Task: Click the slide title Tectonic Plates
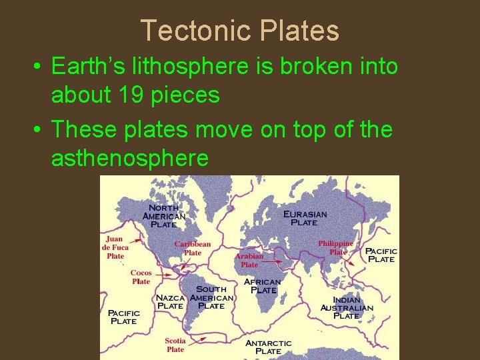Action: click(x=240, y=31)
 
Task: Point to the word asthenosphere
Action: click(x=130, y=158)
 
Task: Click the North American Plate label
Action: click(x=164, y=216)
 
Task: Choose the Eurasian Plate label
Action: click(x=305, y=218)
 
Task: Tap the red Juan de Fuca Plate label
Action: click(x=115, y=247)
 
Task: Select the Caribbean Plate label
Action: click(x=193, y=248)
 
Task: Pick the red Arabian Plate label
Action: click(x=249, y=260)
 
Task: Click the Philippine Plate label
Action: click(x=337, y=247)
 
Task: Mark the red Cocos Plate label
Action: click(x=141, y=277)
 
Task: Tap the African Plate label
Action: click(x=263, y=286)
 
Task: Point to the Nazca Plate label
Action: click(x=170, y=301)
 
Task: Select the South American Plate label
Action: click(x=211, y=297)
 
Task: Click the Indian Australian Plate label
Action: click(x=347, y=308)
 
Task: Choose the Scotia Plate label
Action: click(x=175, y=345)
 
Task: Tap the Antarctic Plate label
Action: click(x=269, y=347)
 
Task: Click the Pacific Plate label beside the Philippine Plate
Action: click(x=381, y=255)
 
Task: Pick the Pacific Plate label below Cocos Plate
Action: click(x=124, y=317)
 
